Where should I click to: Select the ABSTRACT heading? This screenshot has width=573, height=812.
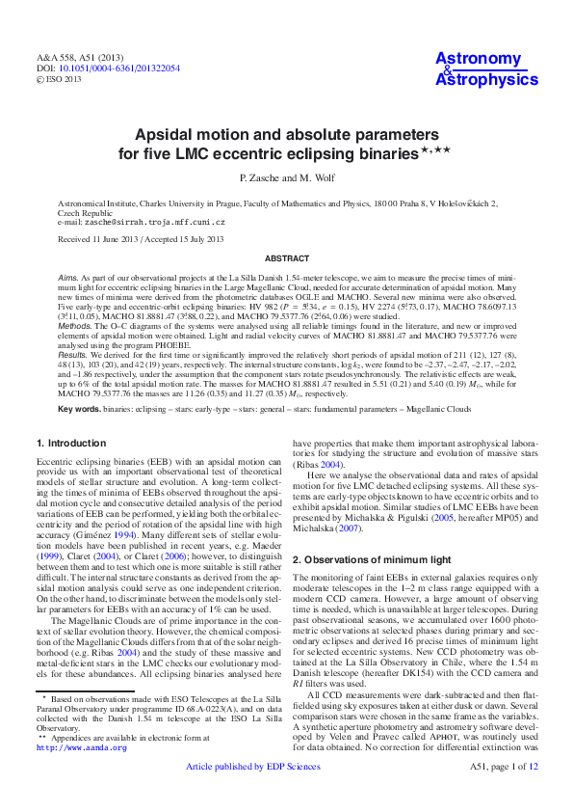pyautogui.click(x=286, y=258)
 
